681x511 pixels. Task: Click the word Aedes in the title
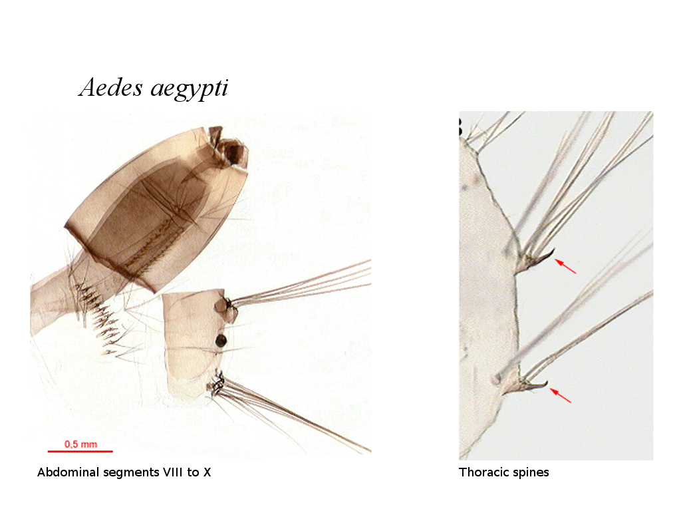coord(111,87)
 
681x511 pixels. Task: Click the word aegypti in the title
coord(190,89)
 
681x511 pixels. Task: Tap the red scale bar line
coord(80,452)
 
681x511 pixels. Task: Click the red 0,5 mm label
coord(80,444)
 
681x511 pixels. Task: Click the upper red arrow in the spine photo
coord(565,267)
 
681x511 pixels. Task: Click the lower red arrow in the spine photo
coord(561,396)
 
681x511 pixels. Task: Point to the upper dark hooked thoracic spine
coord(539,259)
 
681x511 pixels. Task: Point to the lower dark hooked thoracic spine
coord(533,385)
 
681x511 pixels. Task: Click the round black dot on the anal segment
coord(221,341)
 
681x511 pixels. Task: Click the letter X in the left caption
coord(207,472)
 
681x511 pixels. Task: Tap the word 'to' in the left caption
coord(194,473)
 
